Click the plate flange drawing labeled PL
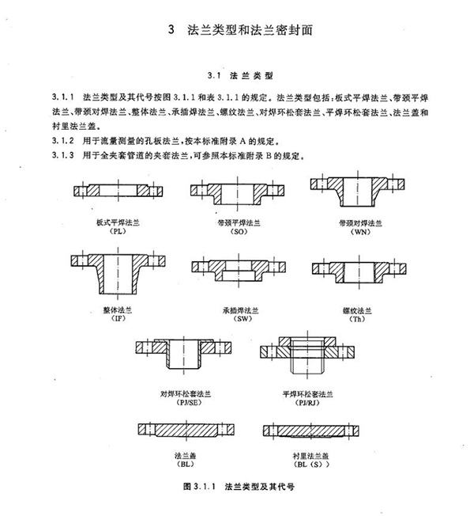(118, 191)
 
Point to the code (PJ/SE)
(179, 400)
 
